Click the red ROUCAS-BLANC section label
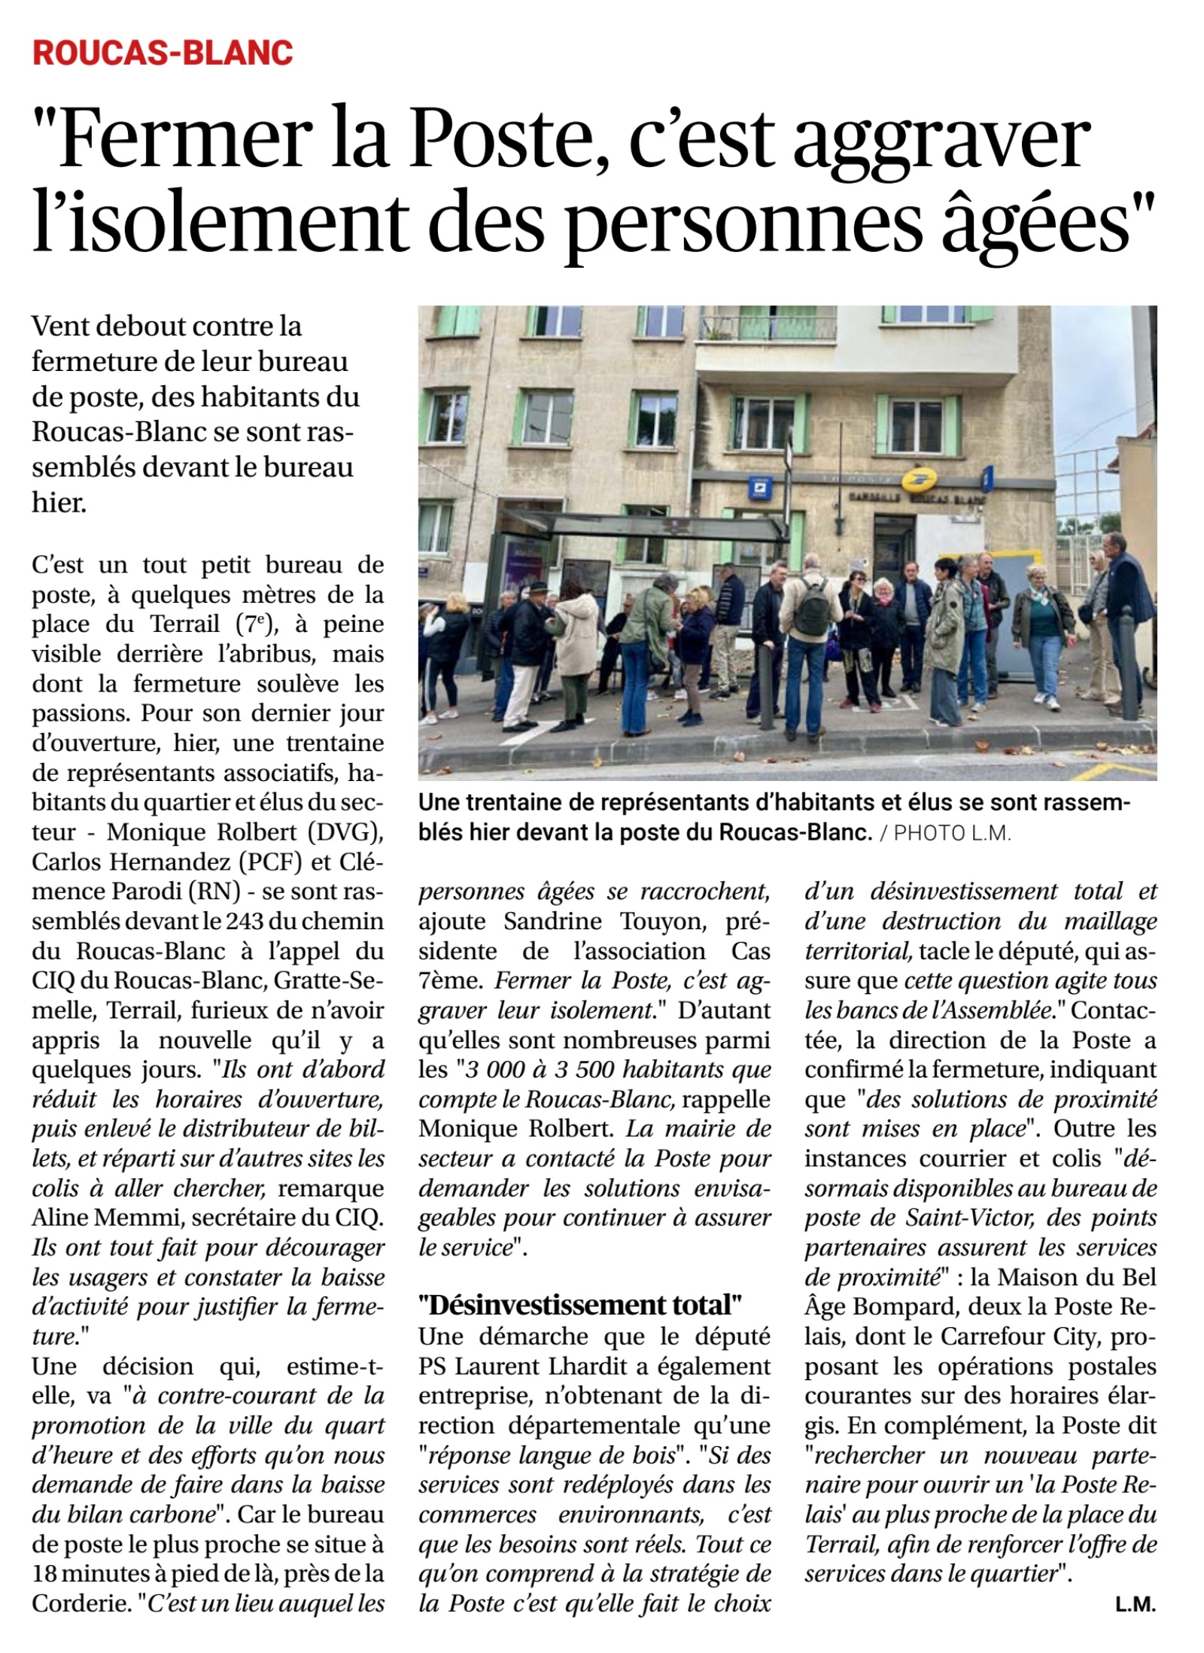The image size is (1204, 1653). click(x=163, y=53)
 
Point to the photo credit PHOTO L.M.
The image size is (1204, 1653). click(x=952, y=834)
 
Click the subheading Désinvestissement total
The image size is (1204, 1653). click(x=580, y=1304)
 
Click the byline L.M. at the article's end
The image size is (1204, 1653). click(x=1135, y=1604)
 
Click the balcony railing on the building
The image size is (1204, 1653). click(x=768, y=327)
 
